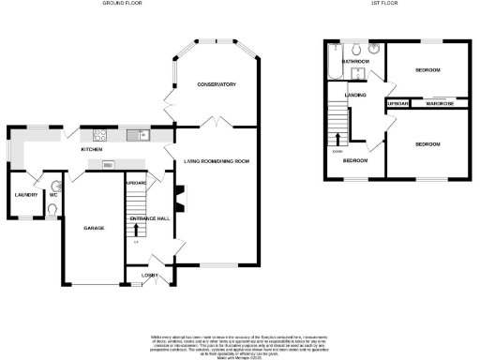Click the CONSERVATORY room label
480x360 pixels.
216,85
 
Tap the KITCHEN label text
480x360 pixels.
91,149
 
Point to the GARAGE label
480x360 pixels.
94,228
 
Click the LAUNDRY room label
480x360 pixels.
25,195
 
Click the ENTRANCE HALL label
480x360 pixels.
148,217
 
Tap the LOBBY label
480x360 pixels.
150,275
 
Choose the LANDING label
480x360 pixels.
355,95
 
